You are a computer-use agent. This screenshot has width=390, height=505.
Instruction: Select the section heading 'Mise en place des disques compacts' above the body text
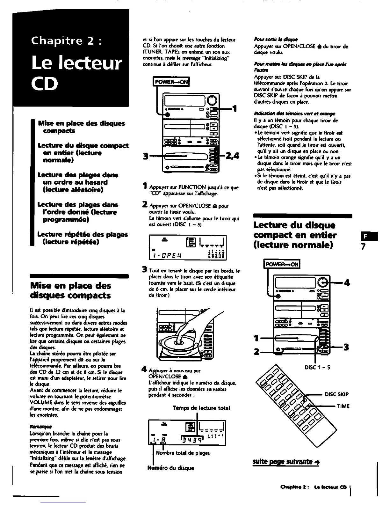click(70, 290)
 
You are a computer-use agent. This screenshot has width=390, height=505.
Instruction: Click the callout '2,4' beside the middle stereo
click(232, 156)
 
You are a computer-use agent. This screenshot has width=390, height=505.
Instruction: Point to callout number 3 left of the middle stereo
click(146, 156)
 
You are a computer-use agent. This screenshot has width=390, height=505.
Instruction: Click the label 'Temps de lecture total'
click(201, 408)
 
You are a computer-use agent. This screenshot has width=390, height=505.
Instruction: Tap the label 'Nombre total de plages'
click(183, 453)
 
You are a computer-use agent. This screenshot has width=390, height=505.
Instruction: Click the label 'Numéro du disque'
click(170, 468)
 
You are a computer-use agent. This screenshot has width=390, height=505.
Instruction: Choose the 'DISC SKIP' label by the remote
click(336, 394)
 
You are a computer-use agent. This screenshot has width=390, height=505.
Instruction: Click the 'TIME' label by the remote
click(344, 406)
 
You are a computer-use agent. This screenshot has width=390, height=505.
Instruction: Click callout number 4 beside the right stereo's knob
click(347, 282)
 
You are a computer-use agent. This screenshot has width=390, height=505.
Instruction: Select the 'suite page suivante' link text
click(286, 462)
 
